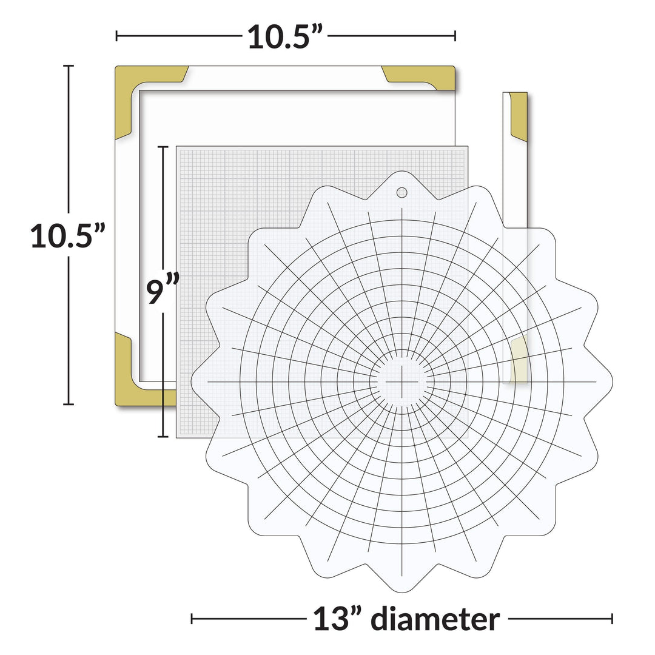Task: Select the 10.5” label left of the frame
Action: (x=69, y=235)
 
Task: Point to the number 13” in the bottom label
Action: (x=338, y=619)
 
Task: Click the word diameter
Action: (x=435, y=619)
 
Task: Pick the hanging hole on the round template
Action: (x=401, y=192)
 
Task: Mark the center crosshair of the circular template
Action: (x=401, y=382)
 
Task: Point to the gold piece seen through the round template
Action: (x=519, y=361)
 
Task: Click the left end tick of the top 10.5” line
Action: (x=116, y=37)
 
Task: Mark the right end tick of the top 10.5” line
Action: (x=455, y=37)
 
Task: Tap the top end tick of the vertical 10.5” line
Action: (x=69, y=65)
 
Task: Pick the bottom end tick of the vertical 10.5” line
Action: (x=69, y=405)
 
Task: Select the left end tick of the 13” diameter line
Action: (x=192, y=619)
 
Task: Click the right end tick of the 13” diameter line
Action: (x=612, y=619)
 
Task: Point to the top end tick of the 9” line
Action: (x=163, y=146)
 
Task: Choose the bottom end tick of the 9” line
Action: (x=163, y=437)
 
